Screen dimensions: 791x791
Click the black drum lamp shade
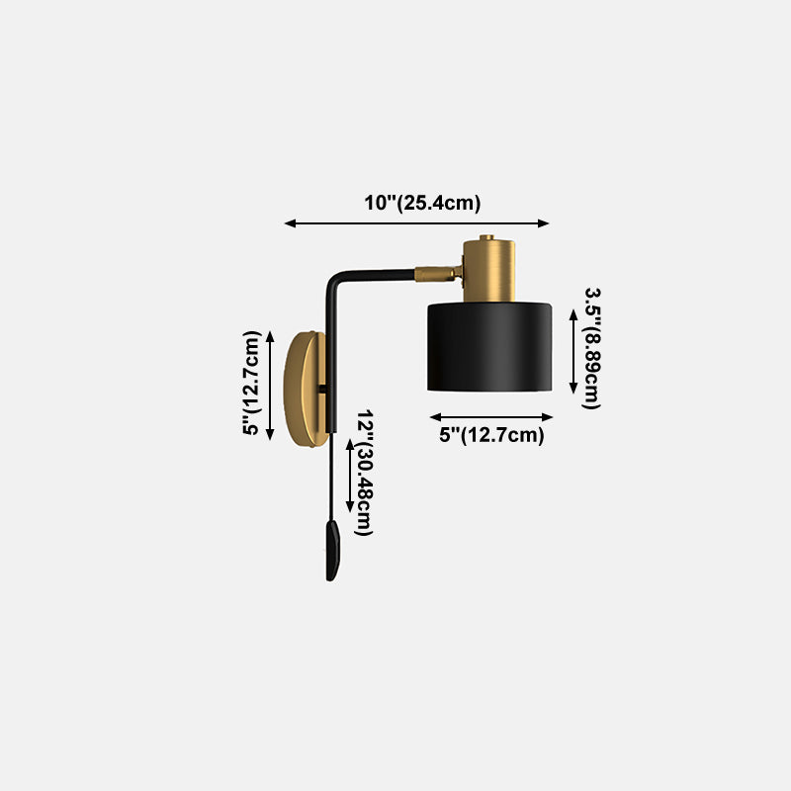pyautogui.click(x=489, y=346)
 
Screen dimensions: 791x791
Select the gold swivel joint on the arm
pyautogui.click(x=435, y=272)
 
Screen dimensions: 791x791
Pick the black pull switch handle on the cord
pyautogui.click(x=332, y=551)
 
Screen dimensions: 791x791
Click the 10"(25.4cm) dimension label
pyautogui.click(x=422, y=204)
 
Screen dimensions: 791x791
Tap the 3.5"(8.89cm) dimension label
pyautogui.click(x=592, y=348)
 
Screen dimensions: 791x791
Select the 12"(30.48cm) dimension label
pyautogui.click(x=365, y=473)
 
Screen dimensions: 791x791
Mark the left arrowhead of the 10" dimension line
pyautogui.click(x=290, y=223)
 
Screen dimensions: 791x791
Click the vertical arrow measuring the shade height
pyautogui.click(x=573, y=350)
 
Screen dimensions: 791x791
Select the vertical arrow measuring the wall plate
pyautogui.click(x=271, y=385)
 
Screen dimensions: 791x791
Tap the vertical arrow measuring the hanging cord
pyautogui.click(x=348, y=476)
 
